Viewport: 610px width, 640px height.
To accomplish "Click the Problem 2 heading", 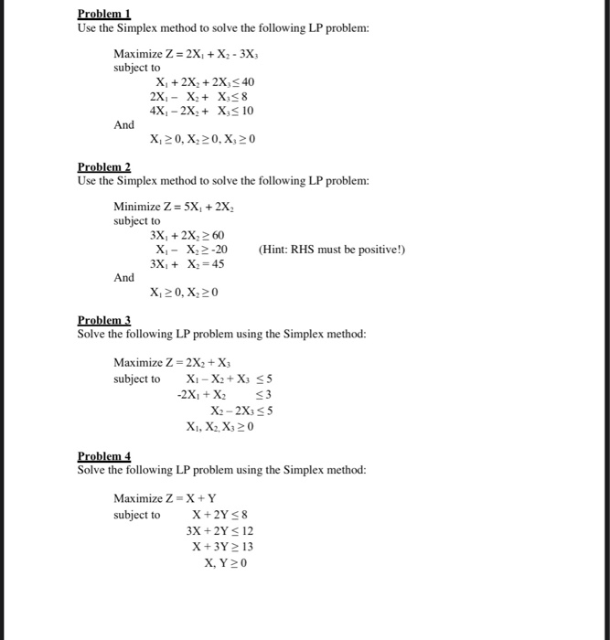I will (104, 167).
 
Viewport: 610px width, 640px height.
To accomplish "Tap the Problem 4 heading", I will (104, 455).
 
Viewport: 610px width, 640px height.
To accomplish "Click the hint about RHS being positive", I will (331, 250).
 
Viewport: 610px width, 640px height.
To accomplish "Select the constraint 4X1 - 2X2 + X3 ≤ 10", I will (201, 111).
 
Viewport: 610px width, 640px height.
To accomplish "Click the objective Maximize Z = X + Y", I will (165, 498).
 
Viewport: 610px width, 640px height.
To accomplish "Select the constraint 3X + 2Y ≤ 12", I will (219, 530).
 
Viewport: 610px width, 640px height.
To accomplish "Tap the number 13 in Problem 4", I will (245, 547).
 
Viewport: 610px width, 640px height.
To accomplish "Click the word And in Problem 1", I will (124, 124).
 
